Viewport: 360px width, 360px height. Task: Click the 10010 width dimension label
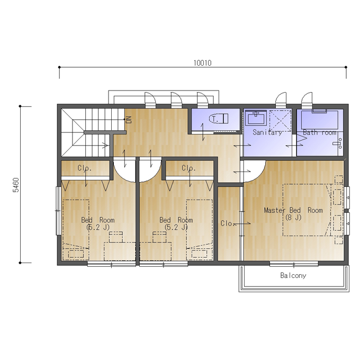coord(202,63)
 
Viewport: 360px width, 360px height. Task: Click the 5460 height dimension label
coord(16,185)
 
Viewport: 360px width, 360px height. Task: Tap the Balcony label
coord(293,275)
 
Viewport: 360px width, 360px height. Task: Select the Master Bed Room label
coord(293,210)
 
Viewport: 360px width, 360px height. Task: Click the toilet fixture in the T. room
coord(219,119)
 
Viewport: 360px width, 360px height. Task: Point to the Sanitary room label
coord(267,132)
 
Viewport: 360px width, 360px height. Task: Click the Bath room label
coord(319,132)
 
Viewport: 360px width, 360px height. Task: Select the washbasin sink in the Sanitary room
coord(256,118)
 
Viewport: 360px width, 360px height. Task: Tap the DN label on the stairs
coord(129,120)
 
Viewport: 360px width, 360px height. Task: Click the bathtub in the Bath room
coord(320,120)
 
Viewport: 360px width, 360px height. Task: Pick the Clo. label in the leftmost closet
coord(85,168)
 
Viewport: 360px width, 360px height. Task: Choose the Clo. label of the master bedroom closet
coord(227,223)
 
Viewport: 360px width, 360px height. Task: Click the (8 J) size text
coord(293,217)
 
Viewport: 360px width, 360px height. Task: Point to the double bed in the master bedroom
coord(308,210)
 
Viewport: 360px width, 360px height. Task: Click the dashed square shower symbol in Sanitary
coord(280,121)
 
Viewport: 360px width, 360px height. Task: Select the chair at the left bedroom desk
coord(116,237)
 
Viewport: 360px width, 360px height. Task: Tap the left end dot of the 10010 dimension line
coord(59,67)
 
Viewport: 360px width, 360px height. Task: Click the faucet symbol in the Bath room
coord(338,143)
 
